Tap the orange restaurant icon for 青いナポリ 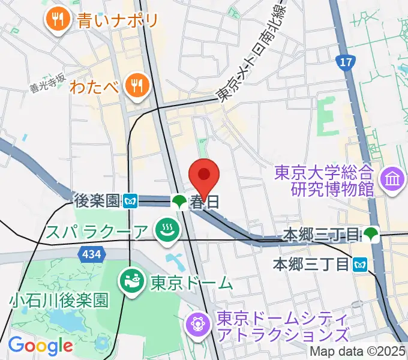click(58, 20)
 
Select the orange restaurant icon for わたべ click(137, 85)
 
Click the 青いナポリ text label click(118, 21)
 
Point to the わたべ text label click(94, 86)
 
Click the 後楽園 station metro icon click(131, 202)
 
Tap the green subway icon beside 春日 click(179, 202)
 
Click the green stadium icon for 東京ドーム click(130, 279)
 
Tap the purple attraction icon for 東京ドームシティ click(199, 324)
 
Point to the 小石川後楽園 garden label click(59, 299)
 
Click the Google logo click(40, 346)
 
